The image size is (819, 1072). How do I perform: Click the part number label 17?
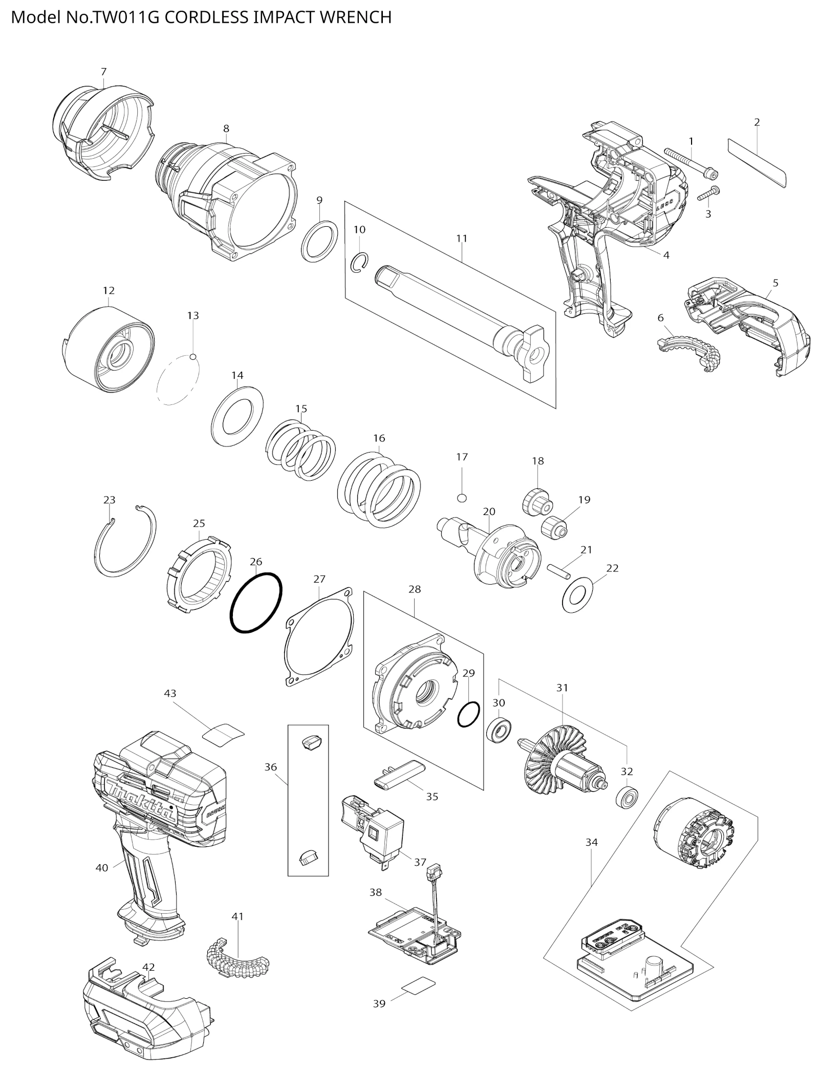[x=462, y=457]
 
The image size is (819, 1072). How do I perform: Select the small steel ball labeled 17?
[x=462, y=498]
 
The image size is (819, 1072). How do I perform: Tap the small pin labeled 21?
[x=558, y=570]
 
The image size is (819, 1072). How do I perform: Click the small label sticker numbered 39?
[x=419, y=985]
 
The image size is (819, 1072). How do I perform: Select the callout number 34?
[x=591, y=842]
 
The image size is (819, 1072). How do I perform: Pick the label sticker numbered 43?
[x=223, y=733]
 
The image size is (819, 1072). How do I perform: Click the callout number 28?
[x=415, y=589]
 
